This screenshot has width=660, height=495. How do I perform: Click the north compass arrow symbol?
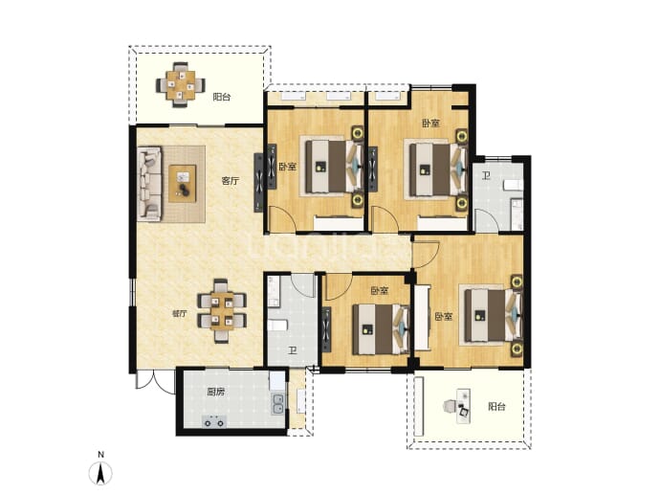[x=100, y=474]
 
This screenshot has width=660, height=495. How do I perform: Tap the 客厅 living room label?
[x=231, y=181]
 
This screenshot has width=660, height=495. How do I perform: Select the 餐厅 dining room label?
[x=180, y=314]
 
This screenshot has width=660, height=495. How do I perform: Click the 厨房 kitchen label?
[x=215, y=393]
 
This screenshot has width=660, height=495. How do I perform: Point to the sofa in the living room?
[x=149, y=184]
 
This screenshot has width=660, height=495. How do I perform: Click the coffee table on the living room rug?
[x=183, y=184]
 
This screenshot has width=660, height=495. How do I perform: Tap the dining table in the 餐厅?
[x=222, y=310]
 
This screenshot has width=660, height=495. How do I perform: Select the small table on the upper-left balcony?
[x=180, y=85]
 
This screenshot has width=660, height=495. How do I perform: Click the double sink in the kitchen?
[x=277, y=404]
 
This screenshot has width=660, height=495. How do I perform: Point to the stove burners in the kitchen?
[x=214, y=421]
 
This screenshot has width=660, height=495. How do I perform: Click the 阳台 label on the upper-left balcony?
[x=221, y=98]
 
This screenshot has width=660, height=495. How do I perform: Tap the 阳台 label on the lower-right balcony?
[x=496, y=407]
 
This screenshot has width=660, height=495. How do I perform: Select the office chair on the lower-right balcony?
[x=449, y=407]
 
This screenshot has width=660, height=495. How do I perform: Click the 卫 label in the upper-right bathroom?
[x=486, y=175]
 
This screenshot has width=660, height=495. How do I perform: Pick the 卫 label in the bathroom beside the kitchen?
[x=292, y=350]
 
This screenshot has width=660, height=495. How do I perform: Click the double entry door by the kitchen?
[x=155, y=382]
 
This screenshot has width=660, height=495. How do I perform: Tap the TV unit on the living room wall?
[x=259, y=183]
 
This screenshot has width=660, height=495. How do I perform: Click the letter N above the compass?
[x=100, y=455]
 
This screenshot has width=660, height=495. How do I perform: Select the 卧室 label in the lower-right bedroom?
[x=444, y=316]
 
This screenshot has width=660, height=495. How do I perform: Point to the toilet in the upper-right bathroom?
[x=513, y=184]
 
